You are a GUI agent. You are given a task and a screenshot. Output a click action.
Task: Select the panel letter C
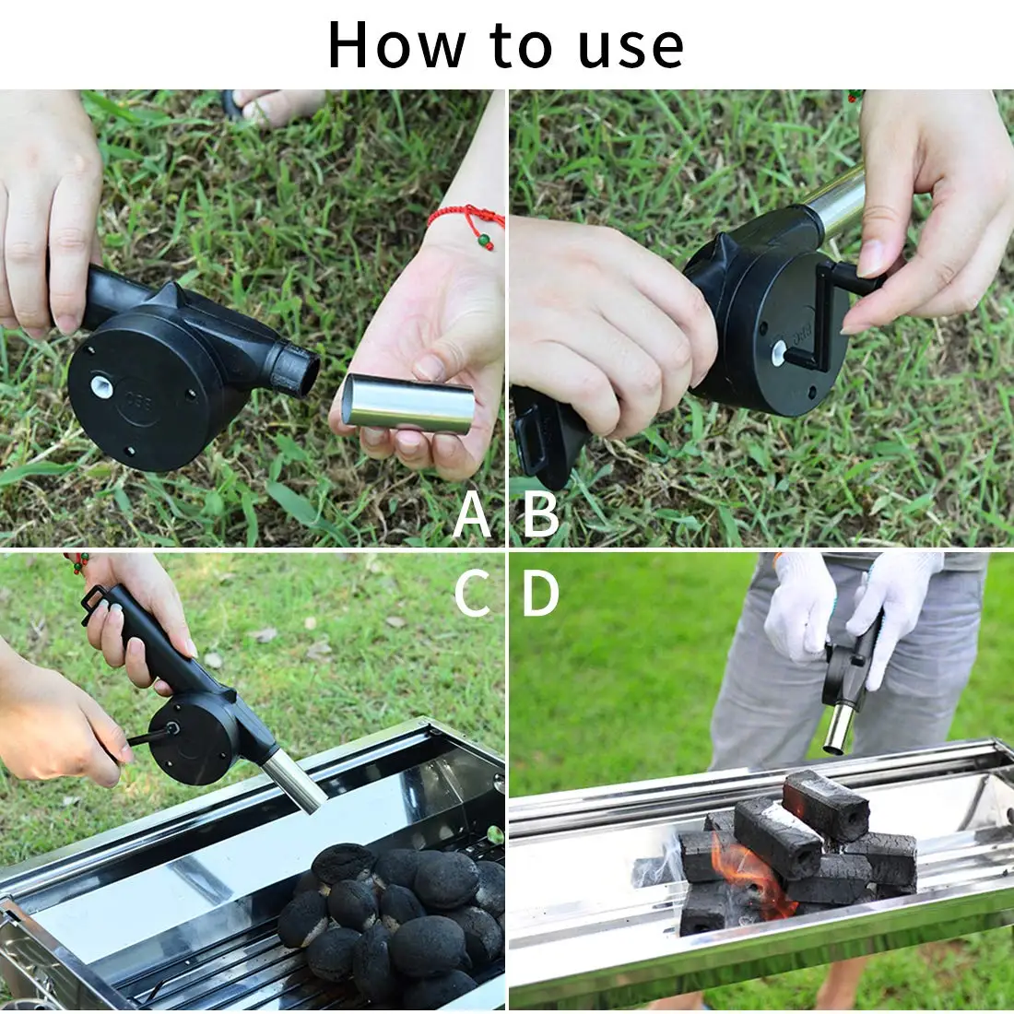[x=472, y=595]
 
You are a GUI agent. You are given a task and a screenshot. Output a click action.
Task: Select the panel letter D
[x=541, y=595]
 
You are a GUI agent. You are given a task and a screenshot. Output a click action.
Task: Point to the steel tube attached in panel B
[x=834, y=203]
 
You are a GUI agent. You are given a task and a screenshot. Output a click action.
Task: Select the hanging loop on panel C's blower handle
[x=92, y=604]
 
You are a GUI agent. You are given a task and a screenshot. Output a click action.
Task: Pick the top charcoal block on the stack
[x=825, y=805]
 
